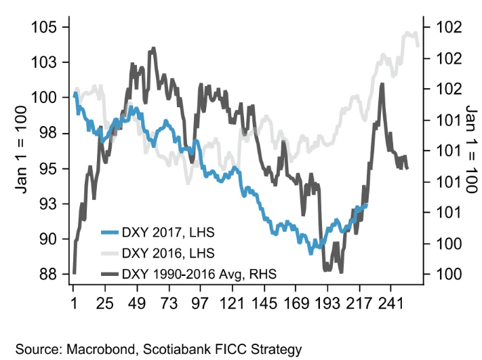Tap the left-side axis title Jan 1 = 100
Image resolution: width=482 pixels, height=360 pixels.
point(21,151)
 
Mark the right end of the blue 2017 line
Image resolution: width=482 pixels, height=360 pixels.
point(367,205)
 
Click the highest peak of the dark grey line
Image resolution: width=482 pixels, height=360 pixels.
point(154,49)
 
